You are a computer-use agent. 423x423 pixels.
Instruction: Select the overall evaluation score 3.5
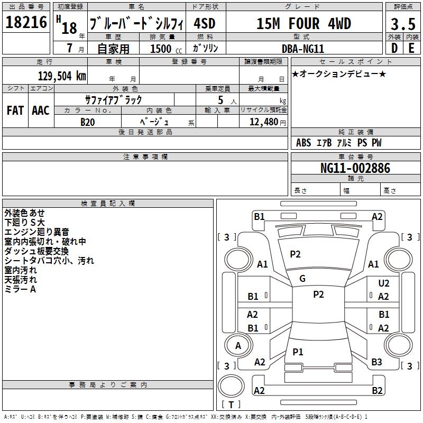402,24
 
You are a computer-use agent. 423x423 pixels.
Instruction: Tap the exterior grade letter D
394,48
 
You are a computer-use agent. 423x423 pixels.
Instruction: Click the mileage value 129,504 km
61,76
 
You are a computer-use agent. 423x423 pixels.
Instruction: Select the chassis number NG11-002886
355,168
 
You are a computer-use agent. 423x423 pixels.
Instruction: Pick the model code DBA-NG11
304,48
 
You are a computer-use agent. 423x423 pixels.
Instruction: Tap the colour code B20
88,122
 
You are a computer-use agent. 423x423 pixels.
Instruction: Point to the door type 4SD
205,24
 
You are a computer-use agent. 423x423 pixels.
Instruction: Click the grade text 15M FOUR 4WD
304,24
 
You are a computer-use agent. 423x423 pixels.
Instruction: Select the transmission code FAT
15,111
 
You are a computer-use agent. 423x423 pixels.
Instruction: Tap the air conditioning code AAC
41,111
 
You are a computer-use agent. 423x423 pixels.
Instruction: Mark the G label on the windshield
302,278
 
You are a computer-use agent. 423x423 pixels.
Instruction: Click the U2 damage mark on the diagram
383,284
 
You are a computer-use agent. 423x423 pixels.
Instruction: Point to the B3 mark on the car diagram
376,362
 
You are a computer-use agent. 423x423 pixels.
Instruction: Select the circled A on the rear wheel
238,346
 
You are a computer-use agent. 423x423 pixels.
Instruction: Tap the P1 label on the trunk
298,352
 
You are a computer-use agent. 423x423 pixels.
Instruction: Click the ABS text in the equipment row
304,143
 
